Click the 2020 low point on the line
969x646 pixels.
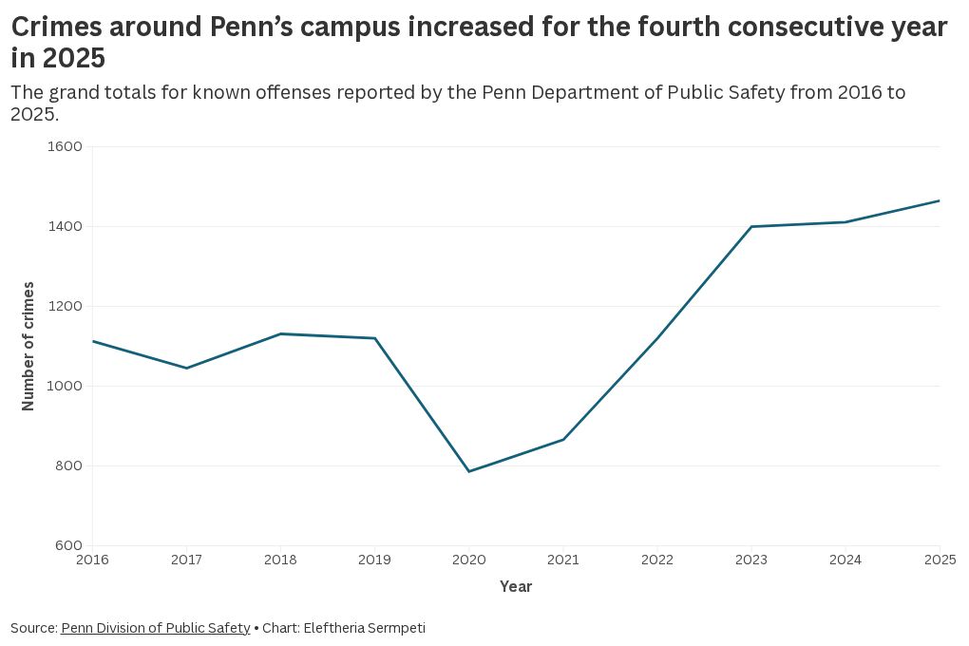point(469,471)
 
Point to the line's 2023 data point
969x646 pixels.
point(751,226)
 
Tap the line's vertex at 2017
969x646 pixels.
point(186,368)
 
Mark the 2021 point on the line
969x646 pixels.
point(563,440)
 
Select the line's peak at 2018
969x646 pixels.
point(280,333)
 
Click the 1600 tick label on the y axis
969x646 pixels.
point(65,146)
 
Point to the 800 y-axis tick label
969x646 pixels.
point(68,465)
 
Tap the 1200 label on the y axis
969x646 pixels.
point(65,306)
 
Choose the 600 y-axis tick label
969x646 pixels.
point(68,545)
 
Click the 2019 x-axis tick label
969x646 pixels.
point(374,560)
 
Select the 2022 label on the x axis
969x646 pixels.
point(656,560)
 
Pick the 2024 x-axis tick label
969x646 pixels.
point(845,560)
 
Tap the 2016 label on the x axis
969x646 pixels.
point(92,560)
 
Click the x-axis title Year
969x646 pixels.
point(516,587)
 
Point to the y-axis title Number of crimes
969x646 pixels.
point(28,346)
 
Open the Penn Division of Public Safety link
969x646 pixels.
point(156,628)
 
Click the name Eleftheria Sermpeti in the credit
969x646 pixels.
point(365,628)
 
